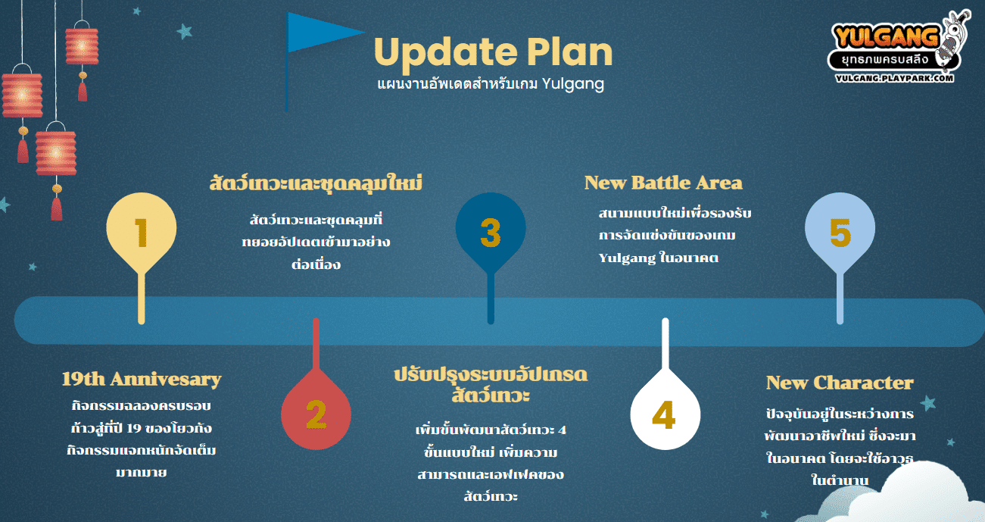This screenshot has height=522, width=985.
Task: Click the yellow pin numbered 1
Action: pyautogui.click(x=141, y=233)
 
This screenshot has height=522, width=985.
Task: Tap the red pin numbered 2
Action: pyautogui.click(x=316, y=414)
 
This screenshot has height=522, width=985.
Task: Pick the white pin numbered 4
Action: pyautogui.click(x=665, y=414)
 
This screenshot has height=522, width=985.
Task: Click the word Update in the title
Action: pyautogui.click(x=445, y=53)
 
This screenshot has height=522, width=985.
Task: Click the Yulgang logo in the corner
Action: pyautogui.click(x=899, y=45)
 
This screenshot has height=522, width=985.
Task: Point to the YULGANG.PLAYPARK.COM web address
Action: pyautogui.click(x=894, y=78)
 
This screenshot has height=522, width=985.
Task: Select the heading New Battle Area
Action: pyautogui.click(x=663, y=183)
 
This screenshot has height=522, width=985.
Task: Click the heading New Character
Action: pyautogui.click(x=840, y=383)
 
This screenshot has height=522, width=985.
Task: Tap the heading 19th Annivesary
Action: pyautogui.click(x=141, y=380)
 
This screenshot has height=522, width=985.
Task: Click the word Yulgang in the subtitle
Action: pyautogui.click(x=572, y=83)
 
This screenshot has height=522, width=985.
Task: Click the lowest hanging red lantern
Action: pyautogui.click(x=56, y=154)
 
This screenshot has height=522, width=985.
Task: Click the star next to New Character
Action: pyautogui.click(x=928, y=403)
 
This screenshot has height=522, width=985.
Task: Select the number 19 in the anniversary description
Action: pyautogui.click(x=134, y=428)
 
